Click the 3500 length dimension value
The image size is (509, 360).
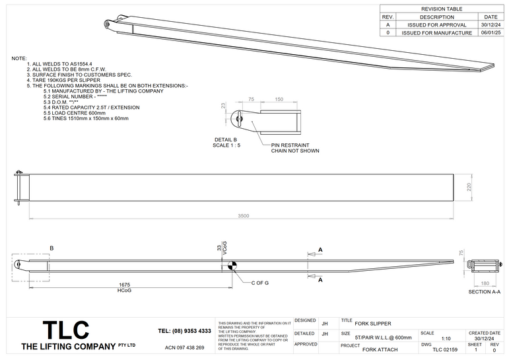pos(244,216)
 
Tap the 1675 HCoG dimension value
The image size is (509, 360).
pos(124,284)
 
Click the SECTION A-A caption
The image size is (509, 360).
pos(483,291)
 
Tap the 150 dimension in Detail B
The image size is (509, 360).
pos(279,100)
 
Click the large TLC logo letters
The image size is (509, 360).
pos(65,330)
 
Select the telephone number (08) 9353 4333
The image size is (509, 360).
pos(185,330)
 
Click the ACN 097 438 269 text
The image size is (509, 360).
pos(184,347)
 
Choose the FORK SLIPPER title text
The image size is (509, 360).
pos(372,323)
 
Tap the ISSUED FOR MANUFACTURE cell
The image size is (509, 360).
pos(436,32)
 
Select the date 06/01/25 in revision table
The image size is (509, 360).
pos(491,32)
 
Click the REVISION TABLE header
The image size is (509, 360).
pos(442,9)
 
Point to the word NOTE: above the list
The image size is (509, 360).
pos(19,59)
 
